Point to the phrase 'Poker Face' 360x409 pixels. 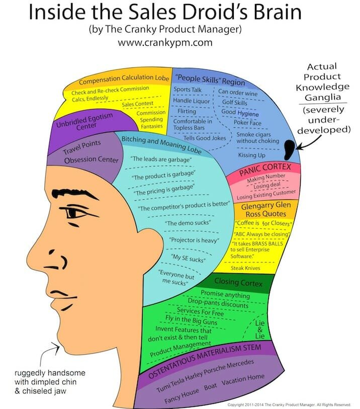pyautogui.click(x=247, y=122)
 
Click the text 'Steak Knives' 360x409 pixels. pyautogui.click(x=248, y=268)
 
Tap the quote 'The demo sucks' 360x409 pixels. pyautogui.click(x=188, y=222)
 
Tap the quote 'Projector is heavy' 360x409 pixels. pyautogui.click(x=193, y=240)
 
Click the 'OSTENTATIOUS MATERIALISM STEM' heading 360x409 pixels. pyautogui.click(x=207, y=356)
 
